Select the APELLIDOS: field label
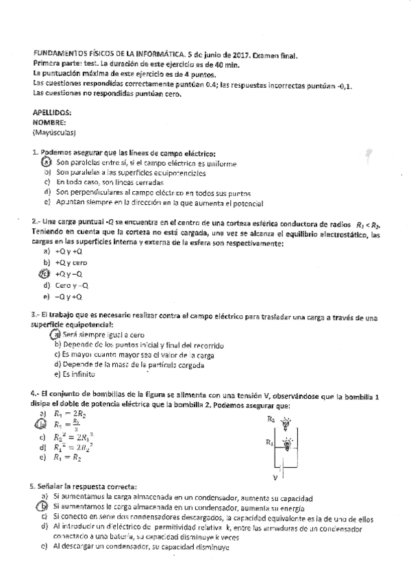tap(52, 112)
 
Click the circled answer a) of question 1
tap(47, 163)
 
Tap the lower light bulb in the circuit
tap(287, 444)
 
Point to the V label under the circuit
tap(275, 476)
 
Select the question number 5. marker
tap(34, 486)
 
